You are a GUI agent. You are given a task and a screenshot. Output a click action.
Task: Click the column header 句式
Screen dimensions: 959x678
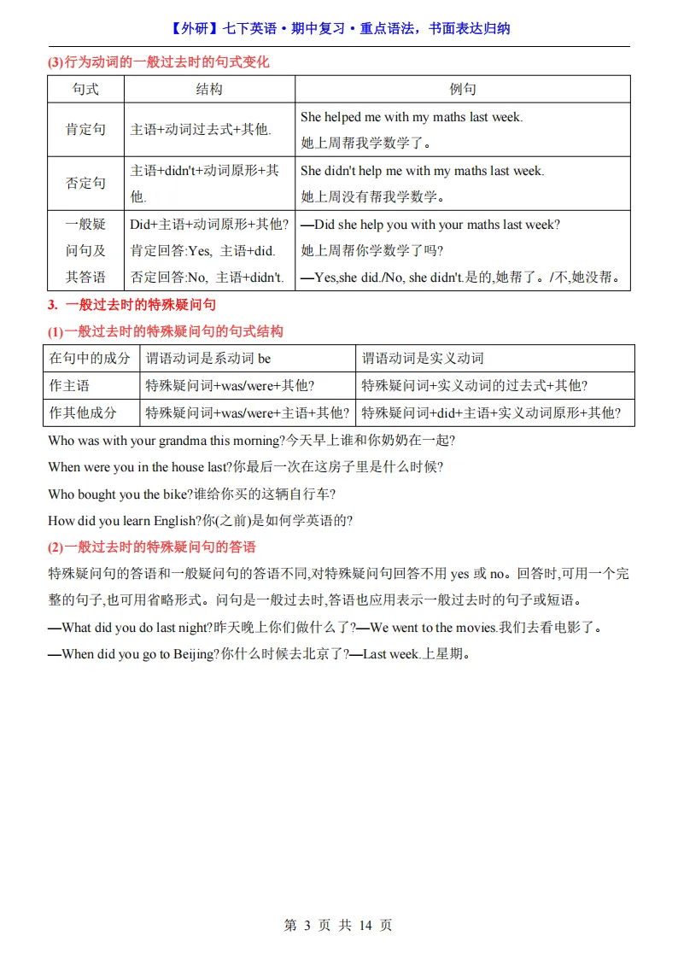tap(85, 89)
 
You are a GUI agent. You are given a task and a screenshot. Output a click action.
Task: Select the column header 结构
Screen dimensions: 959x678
tap(209, 89)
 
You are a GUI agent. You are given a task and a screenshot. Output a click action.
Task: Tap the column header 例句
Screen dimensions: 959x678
tap(463, 89)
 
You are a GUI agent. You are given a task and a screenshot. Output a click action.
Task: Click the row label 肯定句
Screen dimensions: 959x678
tap(85, 130)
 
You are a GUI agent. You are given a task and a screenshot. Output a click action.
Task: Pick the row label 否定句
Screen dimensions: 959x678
tap(85, 184)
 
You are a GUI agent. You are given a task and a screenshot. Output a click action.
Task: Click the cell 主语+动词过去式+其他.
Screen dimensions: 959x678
tap(201, 130)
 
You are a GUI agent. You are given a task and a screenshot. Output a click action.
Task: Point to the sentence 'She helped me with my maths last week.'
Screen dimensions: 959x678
tap(412, 117)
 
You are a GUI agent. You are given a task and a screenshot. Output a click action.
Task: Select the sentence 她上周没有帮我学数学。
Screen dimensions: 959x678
tap(373, 197)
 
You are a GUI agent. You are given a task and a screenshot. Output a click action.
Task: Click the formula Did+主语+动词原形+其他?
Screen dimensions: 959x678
tap(209, 225)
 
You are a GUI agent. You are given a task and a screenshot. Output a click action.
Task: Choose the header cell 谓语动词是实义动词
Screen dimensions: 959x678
tap(423, 358)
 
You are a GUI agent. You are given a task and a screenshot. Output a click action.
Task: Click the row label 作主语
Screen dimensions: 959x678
tap(69, 385)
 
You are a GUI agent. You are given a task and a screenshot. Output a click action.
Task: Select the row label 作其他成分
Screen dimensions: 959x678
tap(83, 412)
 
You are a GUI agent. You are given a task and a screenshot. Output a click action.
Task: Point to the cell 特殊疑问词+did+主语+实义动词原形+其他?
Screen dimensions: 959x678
tap(491, 412)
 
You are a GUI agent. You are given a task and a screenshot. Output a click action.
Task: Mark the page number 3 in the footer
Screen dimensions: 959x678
tap(307, 925)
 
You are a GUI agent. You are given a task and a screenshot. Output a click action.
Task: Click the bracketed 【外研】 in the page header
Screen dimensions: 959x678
tap(196, 28)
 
